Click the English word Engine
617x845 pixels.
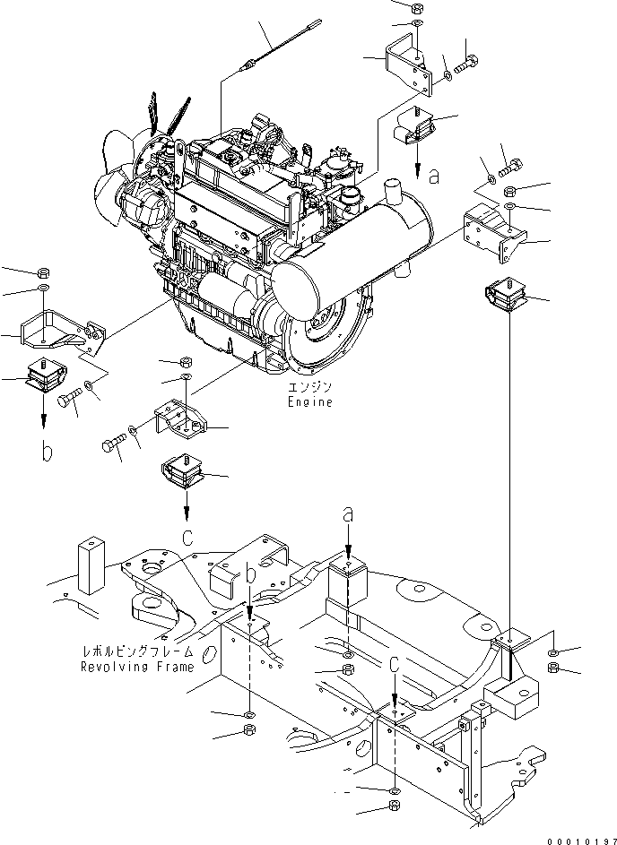[x=310, y=402]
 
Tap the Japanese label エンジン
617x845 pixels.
[x=310, y=387]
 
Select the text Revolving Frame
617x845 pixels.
[x=137, y=667]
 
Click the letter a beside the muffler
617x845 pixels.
[x=434, y=177]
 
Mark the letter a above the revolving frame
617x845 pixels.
[x=349, y=514]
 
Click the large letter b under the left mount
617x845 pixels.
[x=45, y=450]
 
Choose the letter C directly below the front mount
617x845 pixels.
[x=187, y=537]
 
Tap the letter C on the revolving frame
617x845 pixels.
[x=394, y=663]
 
